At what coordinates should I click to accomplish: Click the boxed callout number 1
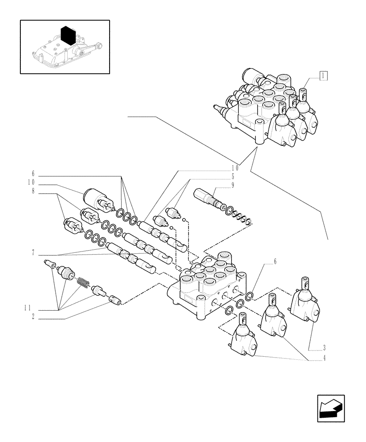tap(324, 76)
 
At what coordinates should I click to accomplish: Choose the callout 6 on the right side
tap(274, 262)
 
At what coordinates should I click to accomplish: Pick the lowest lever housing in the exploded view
tap(243, 339)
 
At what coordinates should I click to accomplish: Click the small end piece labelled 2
tap(115, 300)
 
